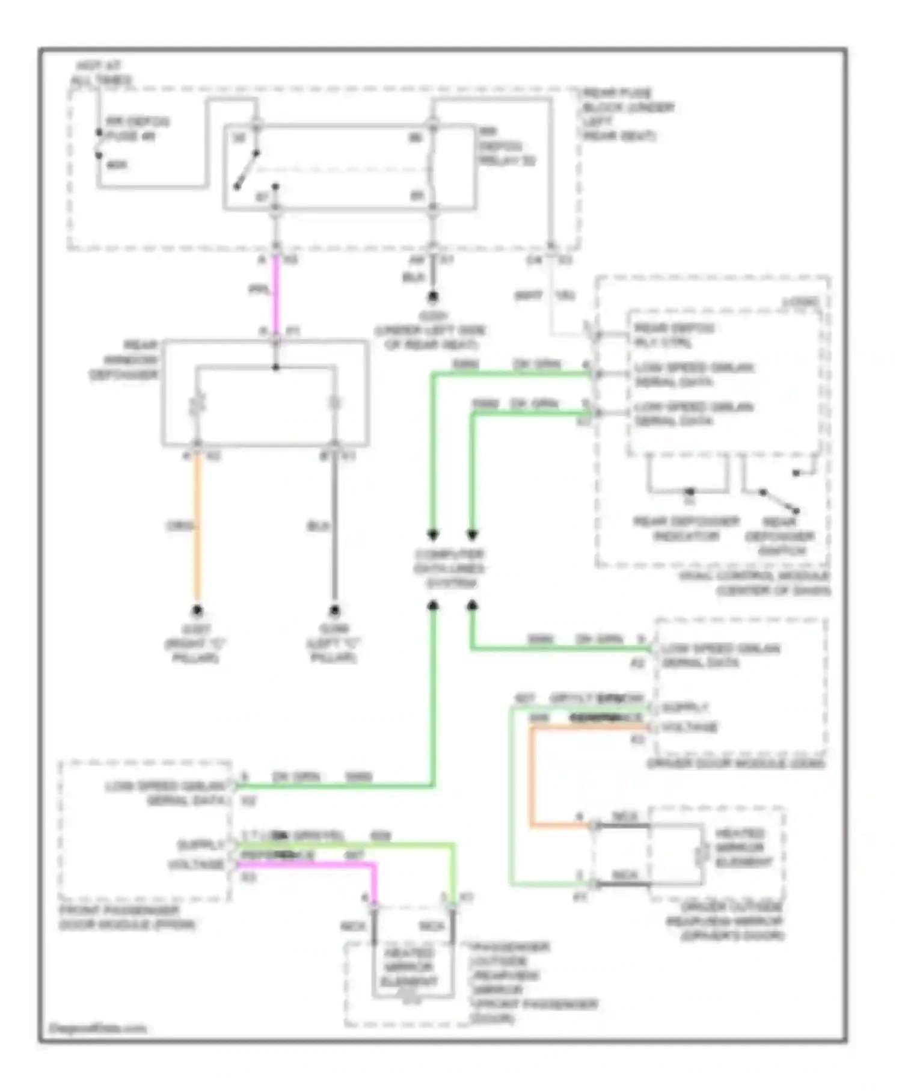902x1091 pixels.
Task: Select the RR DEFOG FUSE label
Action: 137,129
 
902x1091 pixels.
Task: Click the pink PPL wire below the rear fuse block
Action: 276,295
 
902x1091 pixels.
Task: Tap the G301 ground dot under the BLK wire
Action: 432,297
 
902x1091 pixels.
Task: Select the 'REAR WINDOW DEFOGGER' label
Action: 124,360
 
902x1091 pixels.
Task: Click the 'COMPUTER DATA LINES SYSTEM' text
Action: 450,568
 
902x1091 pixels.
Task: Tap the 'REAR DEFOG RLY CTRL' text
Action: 673,335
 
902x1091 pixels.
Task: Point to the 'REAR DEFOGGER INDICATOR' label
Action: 686,529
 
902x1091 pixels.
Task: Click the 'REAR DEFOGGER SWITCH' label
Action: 779,536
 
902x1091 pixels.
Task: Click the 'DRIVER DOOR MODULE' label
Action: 735,763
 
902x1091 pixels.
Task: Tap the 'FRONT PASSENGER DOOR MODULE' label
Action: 127,917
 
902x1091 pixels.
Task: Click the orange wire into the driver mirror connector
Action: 532,776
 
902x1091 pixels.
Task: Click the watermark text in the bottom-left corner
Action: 97,1028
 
